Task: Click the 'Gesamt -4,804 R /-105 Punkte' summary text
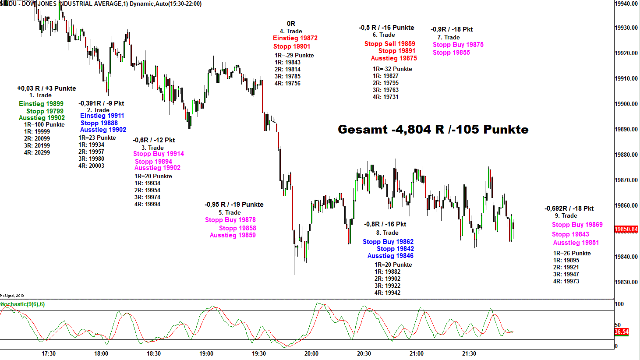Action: click(x=433, y=130)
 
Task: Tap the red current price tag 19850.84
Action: click(x=626, y=229)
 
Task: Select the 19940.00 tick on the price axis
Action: click(x=626, y=4)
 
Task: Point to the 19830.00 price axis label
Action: click(x=626, y=282)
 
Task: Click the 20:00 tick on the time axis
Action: click(x=311, y=353)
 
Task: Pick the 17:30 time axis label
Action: click(x=49, y=353)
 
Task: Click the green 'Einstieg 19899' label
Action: click(x=41, y=104)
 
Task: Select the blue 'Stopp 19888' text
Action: click(x=99, y=123)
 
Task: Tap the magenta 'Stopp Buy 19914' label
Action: click(x=159, y=154)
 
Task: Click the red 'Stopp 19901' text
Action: click(x=292, y=46)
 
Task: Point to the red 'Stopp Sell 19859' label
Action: click(x=390, y=44)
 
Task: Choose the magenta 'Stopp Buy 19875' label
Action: click(x=458, y=45)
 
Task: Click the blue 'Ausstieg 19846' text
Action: click(x=390, y=256)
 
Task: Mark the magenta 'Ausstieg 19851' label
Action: click(x=576, y=243)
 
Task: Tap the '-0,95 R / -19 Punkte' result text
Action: click(x=234, y=205)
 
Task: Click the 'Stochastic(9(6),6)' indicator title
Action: click(x=22, y=304)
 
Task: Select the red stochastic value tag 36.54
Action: click(x=621, y=332)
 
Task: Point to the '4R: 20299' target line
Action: click(x=37, y=152)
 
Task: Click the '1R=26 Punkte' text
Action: click(x=572, y=253)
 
